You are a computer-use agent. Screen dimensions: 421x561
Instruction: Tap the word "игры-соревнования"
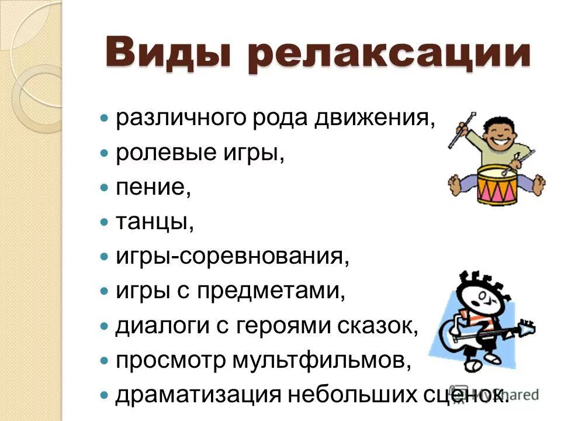(231, 257)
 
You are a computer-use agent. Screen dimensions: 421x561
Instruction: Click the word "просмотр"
(169, 360)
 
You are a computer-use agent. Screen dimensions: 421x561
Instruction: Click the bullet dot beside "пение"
(104, 189)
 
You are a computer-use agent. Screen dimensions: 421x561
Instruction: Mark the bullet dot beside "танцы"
(104, 223)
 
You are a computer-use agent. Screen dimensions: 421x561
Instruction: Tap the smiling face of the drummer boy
(500, 129)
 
